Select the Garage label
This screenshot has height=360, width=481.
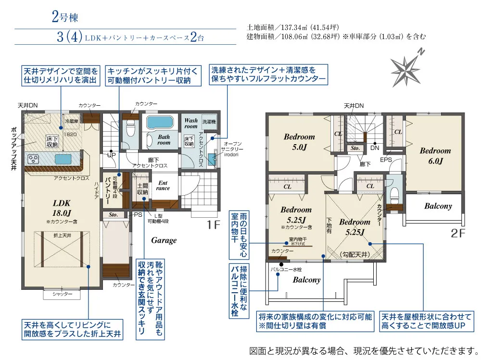pos(164,240)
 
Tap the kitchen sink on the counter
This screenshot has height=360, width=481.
pos(63,159)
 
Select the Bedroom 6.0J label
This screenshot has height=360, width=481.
pos(435,155)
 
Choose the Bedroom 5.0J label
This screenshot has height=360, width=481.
pos(299,142)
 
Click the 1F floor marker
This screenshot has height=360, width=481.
pos(213,224)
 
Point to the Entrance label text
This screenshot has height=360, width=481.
pos(163,185)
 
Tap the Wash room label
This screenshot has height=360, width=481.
pos(191,124)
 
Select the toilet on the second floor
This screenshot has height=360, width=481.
pos(394,195)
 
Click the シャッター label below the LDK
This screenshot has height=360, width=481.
pos(62,294)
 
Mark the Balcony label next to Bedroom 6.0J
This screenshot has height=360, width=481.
pos(438,206)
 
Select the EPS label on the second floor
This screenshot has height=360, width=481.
pos(386,159)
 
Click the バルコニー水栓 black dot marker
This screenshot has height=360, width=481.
pos(280,263)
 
